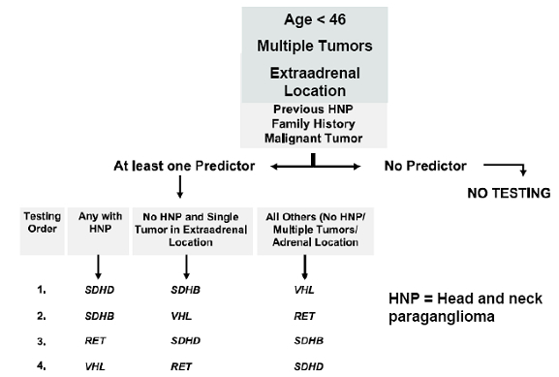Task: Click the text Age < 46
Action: click(315, 19)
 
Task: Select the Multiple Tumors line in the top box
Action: click(315, 46)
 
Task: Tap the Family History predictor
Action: click(313, 124)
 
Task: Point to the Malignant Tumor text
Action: click(313, 138)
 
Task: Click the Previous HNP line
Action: click(313, 110)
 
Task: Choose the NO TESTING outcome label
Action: click(509, 193)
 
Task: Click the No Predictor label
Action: click(425, 166)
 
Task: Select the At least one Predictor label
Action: click(184, 166)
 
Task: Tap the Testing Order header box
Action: click(42, 231)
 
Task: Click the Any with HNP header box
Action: click(99, 231)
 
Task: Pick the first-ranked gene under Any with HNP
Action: click(100, 290)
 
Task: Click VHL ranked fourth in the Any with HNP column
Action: click(95, 366)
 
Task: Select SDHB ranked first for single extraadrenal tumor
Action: click(185, 290)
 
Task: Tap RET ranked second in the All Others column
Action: click(304, 316)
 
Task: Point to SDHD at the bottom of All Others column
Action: click(309, 366)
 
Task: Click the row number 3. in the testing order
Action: click(42, 341)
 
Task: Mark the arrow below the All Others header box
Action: click(304, 267)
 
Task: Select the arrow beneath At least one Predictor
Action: click(180, 187)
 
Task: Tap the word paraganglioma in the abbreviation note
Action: click(442, 317)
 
